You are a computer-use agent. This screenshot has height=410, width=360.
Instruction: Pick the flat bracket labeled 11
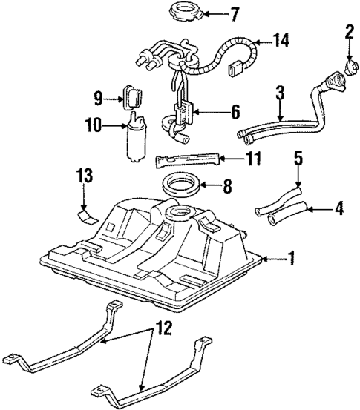click(189, 159)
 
